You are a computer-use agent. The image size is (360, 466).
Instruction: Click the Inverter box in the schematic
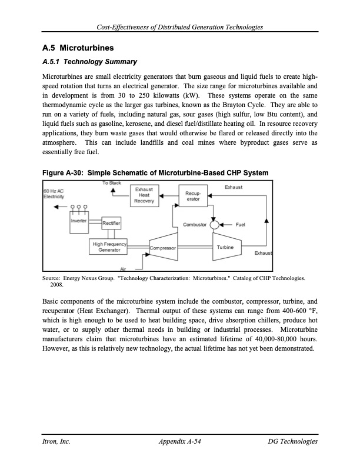click(79, 221)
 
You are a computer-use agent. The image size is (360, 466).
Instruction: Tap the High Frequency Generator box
click(109, 247)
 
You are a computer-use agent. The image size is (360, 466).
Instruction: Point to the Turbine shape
click(226, 248)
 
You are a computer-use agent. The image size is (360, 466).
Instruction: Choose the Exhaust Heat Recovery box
click(144, 195)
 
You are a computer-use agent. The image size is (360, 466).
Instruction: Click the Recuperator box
click(194, 196)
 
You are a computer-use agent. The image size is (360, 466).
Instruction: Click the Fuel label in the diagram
click(241, 224)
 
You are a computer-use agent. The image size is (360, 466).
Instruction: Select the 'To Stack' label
click(111, 184)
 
